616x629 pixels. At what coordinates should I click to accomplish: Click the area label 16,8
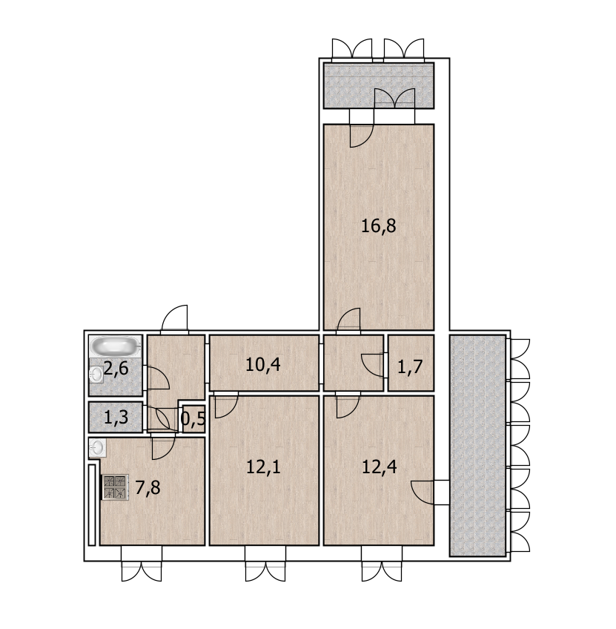click(378, 225)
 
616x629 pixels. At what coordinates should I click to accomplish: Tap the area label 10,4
click(263, 365)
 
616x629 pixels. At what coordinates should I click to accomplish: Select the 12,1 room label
click(263, 467)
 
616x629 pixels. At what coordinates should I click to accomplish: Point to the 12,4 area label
click(379, 467)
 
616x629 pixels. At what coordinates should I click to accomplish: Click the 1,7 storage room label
click(411, 366)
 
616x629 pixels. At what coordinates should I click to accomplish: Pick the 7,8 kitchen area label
click(148, 488)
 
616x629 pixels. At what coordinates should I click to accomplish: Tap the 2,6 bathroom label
click(116, 368)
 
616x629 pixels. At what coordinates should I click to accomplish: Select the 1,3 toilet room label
click(116, 418)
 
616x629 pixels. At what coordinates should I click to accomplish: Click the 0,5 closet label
click(193, 419)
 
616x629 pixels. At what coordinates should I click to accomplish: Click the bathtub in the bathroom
click(115, 346)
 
